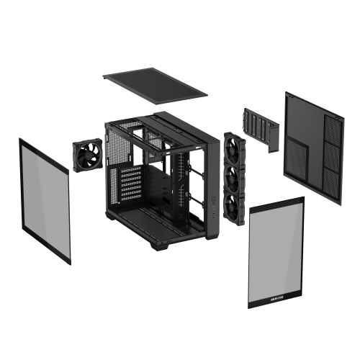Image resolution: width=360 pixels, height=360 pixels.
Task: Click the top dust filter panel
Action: tap(155, 84)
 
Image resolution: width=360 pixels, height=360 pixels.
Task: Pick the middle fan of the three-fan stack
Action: tap(235, 176)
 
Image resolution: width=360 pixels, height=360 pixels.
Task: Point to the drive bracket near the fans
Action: tap(261, 130)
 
